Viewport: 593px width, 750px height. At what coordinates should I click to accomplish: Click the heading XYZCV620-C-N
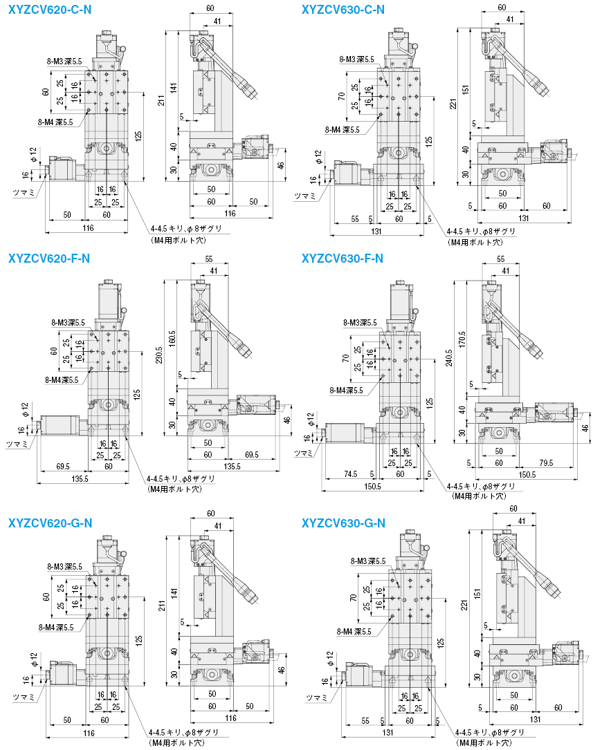click(50, 10)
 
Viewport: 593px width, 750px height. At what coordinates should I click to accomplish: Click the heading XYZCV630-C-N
click(343, 10)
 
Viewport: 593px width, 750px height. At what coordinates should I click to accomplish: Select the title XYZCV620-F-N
click(49, 259)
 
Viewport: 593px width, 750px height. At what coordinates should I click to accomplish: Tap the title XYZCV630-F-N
click(343, 259)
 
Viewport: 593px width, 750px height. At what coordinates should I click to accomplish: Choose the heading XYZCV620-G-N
click(51, 523)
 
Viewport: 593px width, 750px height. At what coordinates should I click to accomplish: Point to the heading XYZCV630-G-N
click(343, 523)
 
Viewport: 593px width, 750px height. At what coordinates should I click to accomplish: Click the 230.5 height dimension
click(159, 355)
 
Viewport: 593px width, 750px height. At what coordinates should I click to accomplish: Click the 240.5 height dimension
click(448, 358)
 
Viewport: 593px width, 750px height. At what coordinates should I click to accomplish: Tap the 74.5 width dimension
click(351, 474)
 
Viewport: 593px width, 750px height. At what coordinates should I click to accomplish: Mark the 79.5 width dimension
click(546, 463)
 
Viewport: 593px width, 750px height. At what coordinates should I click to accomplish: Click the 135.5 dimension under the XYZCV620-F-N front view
click(80, 478)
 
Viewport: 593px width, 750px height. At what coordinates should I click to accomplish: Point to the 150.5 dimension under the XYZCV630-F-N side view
click(527, 474)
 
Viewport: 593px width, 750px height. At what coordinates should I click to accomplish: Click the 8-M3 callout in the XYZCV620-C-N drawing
click(64, 62)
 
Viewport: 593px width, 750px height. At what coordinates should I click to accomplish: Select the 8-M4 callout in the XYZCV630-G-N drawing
click(354, 632)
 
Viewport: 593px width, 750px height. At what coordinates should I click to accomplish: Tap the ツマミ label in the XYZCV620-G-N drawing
click(24, 697)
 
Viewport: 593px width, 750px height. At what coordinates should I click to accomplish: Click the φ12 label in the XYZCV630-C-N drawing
click(318, 157)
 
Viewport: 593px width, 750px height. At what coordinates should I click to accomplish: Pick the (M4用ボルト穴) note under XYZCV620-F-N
click(174, 489)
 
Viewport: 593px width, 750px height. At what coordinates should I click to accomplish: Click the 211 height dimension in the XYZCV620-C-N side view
click(162, 100)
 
